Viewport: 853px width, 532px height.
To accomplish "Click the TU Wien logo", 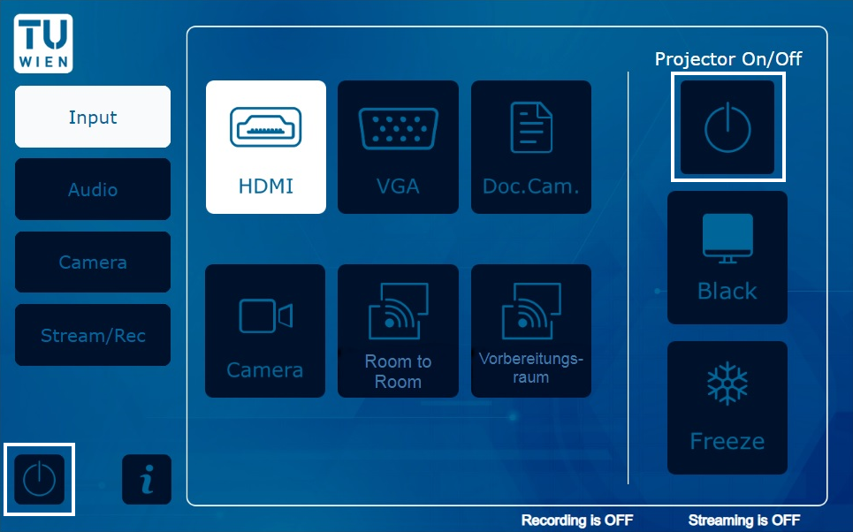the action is pos(43,43).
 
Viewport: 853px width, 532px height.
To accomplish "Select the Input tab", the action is pos(93,117).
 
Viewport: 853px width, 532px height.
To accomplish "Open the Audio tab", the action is pos(93,189).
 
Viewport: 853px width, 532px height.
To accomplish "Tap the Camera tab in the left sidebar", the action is pos(93,262).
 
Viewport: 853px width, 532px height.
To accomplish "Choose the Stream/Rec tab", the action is pos(93,335).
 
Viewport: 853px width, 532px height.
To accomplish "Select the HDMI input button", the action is pos(266,147).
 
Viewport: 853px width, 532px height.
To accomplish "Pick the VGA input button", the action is pos(398,147).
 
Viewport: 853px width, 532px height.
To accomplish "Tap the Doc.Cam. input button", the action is pos(531,147).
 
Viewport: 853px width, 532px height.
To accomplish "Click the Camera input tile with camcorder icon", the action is pos(265,331).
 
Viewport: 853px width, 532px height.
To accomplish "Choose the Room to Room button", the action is pos(398,331).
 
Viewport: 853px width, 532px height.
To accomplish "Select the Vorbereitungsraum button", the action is pos(531,331).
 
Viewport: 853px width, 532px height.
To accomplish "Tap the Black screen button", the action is pos(727,257).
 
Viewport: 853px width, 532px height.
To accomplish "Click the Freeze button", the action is pos(727,407).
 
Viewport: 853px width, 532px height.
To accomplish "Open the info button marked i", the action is pos(147,479).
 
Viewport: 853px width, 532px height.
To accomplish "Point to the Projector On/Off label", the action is pos(727,58).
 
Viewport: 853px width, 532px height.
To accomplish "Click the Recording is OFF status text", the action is pos(577,520).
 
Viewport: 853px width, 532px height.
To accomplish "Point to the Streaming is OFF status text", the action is pos(744,520).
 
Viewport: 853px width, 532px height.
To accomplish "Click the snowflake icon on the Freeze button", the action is pos(727,384).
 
